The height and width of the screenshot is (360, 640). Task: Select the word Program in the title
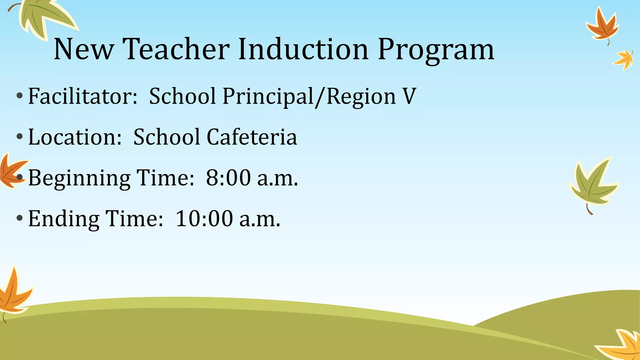[436, 50]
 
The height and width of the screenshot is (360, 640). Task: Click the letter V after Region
[409, 96]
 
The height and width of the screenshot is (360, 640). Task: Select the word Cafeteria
[252, 137]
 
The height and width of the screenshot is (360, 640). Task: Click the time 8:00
[228, 178]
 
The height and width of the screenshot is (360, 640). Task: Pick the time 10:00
[204, 219]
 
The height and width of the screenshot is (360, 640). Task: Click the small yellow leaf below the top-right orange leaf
[624, 59]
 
